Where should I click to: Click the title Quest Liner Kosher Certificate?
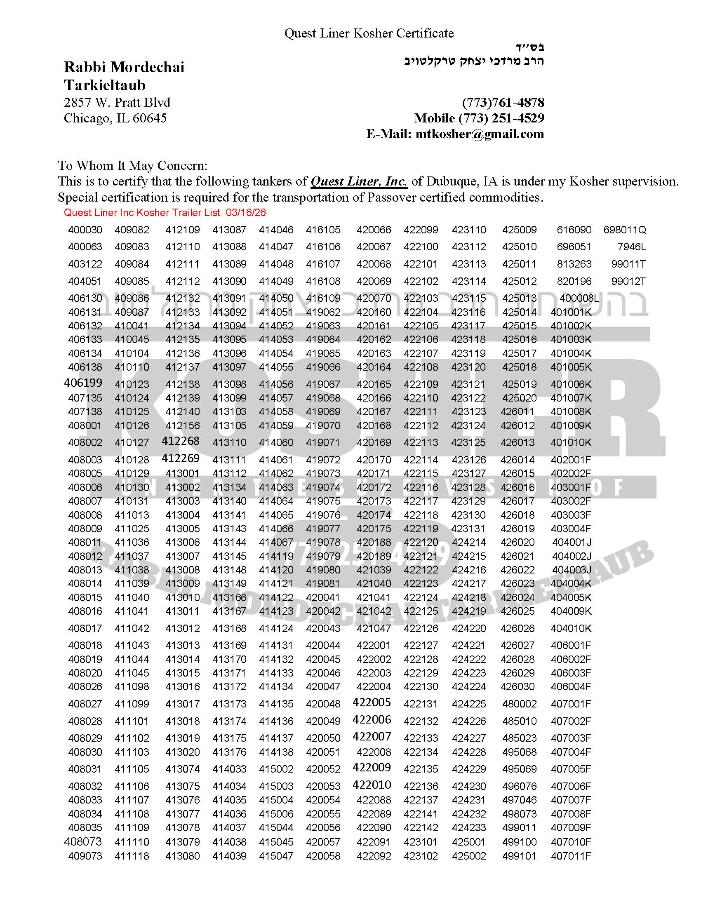point(369,33)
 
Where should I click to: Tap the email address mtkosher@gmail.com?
point(479,134)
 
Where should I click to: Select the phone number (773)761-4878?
point(503,103)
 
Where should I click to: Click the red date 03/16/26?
point(246,213)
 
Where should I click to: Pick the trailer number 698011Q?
point(625,230)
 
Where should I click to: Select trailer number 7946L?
point(631,247)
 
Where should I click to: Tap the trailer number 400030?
point(85,230)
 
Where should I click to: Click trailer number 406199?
point(83,383)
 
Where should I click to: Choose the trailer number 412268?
point(181,441)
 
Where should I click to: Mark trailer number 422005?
point(372,702)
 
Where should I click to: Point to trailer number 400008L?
point(579,298)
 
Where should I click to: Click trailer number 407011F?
point(571,856)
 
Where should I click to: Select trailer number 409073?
point(85,856)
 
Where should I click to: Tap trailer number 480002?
point(519,704)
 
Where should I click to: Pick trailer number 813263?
point(574,264)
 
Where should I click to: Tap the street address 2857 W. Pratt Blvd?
point(117,103)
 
